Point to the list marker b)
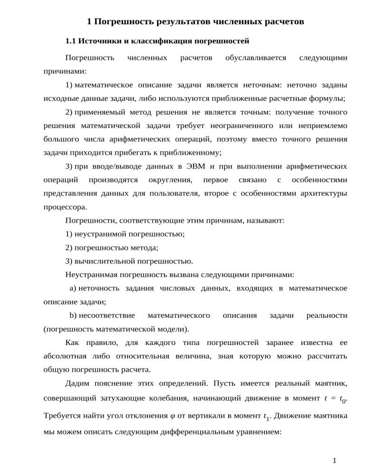click(x=73, y=315)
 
